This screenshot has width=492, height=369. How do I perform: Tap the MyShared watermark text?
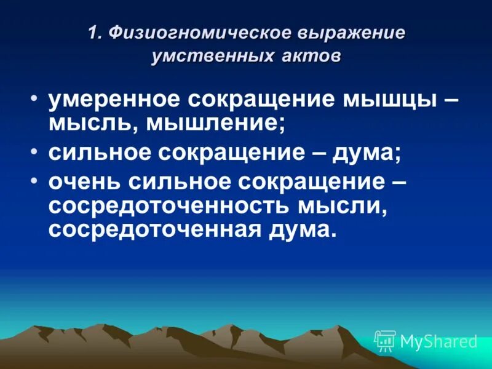pyautogui.click(x=438, y=341)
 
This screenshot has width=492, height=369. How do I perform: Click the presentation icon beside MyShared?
pyautogui.click(x=385, y=341)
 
